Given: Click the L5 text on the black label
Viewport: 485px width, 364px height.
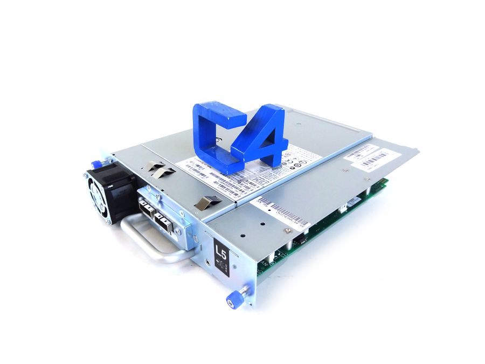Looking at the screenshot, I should point(221,250).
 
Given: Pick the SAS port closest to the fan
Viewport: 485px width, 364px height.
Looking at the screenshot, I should point(147,207).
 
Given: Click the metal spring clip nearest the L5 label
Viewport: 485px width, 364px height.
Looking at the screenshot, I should point(208,202).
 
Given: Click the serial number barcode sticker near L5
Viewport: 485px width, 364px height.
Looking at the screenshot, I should point(283,214).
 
